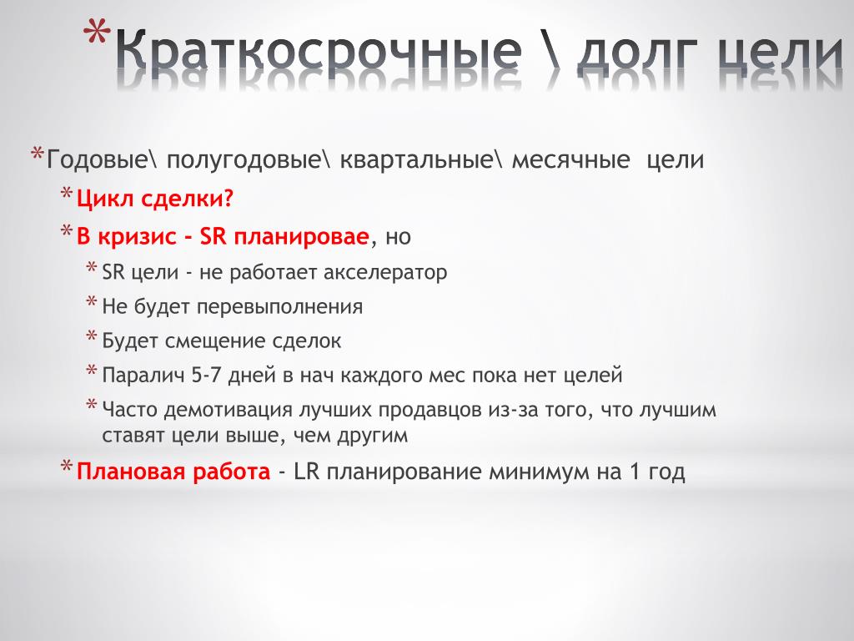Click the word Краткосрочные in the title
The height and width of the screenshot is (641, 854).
[x=319, y=51]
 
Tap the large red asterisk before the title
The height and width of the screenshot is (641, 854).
[x=97, y=33]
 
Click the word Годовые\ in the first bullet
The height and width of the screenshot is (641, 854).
[x=98, y=159]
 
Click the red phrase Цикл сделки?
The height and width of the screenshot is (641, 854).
[x=154, y=199]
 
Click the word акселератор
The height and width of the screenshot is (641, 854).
[x=385, y=273]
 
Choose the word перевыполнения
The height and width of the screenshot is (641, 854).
[x=279, y=307]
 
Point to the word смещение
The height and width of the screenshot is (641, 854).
[x=215, y=341]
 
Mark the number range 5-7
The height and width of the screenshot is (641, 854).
[x=207, y=376]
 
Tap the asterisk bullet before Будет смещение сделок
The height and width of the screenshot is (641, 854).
[x=92, y=336]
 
